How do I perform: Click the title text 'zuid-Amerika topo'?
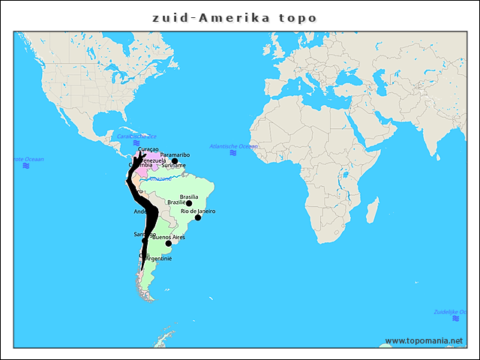(x=234, y=18)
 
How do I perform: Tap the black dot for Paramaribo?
(x=175, y=161)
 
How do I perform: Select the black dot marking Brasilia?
(x=189, y=203)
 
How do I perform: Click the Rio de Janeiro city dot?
(x=198, y=217)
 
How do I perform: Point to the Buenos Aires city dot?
(x=168, y=243)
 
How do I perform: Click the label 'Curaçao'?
(x=148, y=149)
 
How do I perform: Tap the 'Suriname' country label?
(x=173, y=166)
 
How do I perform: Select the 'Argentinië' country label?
(x=158, y=259)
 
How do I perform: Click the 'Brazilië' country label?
(x=176, y=202)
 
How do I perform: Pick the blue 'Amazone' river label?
(x=160, y=179)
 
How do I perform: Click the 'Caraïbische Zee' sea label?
(x=136, y=136)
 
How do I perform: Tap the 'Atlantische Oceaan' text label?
(x=233, y=146)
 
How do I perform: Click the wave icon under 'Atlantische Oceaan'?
(x=233, y=153)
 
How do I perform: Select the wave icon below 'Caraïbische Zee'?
(x=136, y=143)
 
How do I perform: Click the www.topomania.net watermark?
(x=424, y=340)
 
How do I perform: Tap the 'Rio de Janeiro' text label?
(x=198, y=211)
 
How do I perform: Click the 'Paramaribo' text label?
(x=175, y=154)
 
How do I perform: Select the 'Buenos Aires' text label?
(x=169, y=237)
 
